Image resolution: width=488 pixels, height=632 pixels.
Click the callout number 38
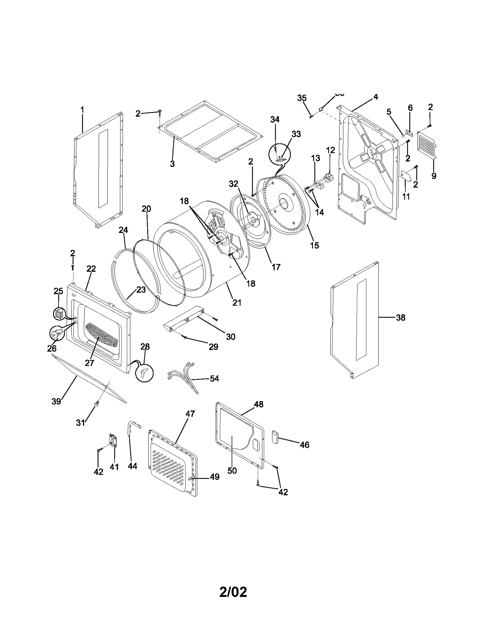tap(400, 318)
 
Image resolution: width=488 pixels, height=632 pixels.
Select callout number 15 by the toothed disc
tap(314, 245)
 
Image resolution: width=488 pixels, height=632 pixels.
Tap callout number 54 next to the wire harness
tap(214, 378)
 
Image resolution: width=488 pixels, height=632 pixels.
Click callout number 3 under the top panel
tap(172, 164)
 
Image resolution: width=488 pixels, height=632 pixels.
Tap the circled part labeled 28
tap(145, 373)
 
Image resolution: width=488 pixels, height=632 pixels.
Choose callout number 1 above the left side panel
tap(82, 110)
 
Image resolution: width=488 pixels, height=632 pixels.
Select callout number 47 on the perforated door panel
tap(190, 414)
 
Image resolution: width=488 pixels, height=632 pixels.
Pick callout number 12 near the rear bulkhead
tap(330, 150)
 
